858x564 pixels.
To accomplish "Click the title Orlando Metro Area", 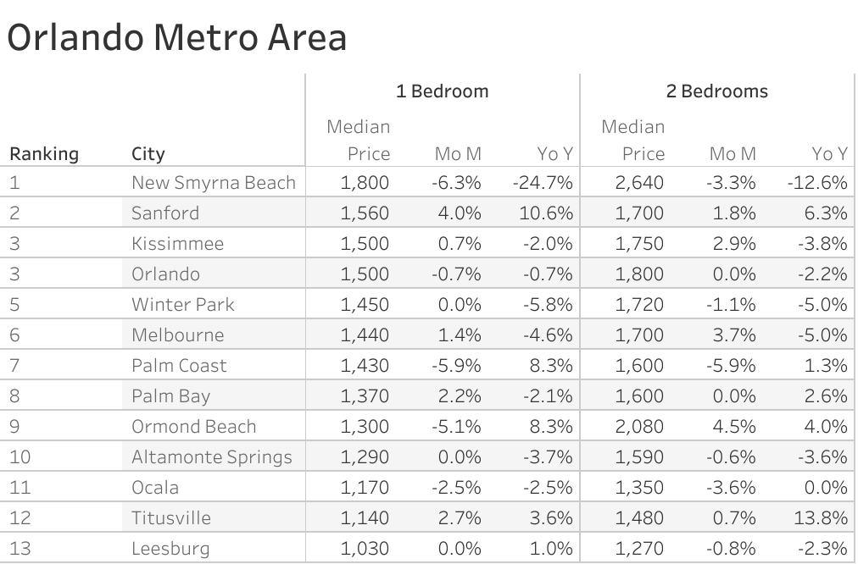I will (176, 38).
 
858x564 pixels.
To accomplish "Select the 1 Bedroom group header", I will (443, 91).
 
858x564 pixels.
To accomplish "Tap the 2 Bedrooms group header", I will (716, 91).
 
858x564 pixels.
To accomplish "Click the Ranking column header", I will (44, 154).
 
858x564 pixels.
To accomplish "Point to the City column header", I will (148, 154).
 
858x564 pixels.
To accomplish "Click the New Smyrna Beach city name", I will (214, 183).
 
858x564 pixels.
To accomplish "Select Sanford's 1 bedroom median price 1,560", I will (365, 213).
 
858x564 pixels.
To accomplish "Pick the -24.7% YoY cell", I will (543, 183).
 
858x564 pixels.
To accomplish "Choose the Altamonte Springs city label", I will (212, 457).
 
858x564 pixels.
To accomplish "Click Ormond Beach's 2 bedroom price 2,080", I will (640, 427).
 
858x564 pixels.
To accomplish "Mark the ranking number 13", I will (20, 549).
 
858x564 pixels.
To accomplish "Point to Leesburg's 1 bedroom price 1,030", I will (365, 549).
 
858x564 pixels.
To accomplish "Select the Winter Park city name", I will (183, 305).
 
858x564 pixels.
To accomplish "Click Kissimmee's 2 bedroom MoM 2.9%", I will (734, 244).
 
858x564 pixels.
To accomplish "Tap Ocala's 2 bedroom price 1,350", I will (640, 488).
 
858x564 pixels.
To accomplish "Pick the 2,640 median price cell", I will (640, 183).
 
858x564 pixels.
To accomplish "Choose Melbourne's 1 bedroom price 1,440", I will (365, 335).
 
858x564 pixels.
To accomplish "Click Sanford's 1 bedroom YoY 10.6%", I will (546, 213).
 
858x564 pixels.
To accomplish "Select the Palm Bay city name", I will (170, 396).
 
